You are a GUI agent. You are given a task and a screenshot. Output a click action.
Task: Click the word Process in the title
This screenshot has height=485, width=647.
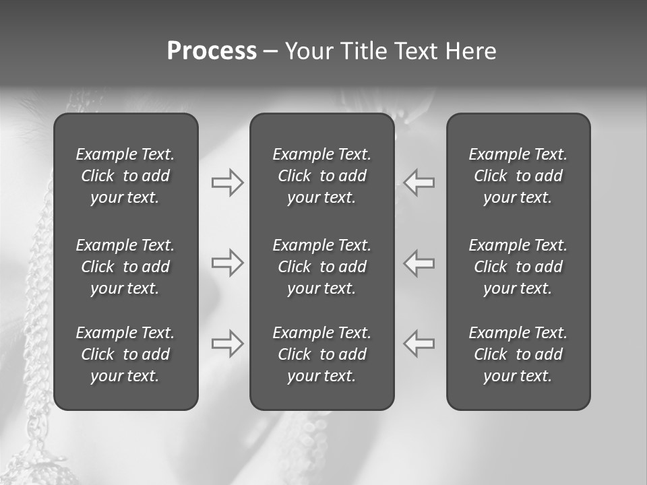212,51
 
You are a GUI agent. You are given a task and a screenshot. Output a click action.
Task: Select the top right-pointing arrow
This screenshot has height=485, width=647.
227,183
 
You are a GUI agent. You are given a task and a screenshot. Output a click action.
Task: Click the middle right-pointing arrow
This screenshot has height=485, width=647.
227,263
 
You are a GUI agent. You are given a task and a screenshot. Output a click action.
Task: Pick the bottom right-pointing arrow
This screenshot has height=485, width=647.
227,344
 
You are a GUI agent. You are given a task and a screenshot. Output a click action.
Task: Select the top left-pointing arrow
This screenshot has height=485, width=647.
419,183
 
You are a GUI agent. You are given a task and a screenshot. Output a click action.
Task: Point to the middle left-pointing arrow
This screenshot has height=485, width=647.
419,263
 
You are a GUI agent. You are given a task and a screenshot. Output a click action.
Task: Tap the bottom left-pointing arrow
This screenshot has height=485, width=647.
419,344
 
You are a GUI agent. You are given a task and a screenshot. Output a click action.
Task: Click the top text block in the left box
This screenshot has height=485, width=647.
125,176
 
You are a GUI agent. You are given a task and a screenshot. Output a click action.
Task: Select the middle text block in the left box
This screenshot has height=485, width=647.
125,267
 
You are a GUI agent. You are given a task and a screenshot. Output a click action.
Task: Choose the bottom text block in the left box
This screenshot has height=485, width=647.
125,354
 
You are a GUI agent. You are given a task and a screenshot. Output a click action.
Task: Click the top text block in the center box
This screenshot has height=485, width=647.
322,176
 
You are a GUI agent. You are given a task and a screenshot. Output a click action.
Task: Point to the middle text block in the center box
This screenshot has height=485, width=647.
322,267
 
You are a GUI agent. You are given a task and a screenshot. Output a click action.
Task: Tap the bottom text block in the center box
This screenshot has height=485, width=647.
322,354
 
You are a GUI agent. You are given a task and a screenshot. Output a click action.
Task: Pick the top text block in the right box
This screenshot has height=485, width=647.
518,176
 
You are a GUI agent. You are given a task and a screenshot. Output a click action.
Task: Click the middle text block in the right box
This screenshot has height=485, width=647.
518,267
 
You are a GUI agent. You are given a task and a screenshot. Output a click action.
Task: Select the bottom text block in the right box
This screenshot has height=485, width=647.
518,354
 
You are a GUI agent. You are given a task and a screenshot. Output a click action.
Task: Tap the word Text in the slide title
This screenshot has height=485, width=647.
417,51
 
